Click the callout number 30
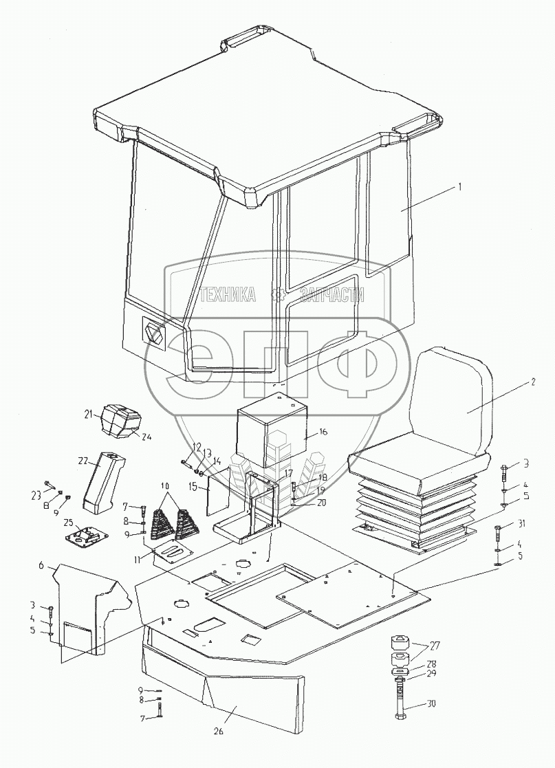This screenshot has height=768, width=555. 432,703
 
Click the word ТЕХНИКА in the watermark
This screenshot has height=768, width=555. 226,295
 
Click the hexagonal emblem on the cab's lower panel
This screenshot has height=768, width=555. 153,333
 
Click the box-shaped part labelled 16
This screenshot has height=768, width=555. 268,433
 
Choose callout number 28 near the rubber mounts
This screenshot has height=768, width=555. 432,665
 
